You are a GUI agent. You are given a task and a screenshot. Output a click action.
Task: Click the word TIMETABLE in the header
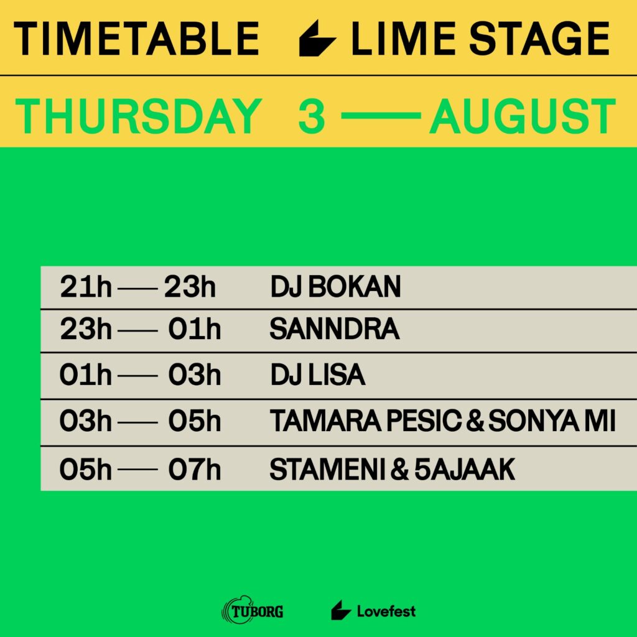(137, 39)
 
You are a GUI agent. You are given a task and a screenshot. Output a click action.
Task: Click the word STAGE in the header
(539, 39)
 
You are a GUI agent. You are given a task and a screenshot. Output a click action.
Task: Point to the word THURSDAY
(137, 117)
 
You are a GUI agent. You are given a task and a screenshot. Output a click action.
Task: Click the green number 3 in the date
(312, 117)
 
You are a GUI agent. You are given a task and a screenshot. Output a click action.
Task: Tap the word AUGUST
(523, 117)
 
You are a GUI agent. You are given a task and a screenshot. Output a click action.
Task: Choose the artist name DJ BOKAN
(335, 287)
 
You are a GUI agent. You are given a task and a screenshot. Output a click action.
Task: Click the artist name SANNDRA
(334, 330)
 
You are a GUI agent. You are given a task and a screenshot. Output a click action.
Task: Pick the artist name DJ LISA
(317, 376)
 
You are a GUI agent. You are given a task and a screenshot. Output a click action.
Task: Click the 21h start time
(85, 287)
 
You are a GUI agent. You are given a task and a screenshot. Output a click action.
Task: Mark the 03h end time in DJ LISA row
(194, 376)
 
